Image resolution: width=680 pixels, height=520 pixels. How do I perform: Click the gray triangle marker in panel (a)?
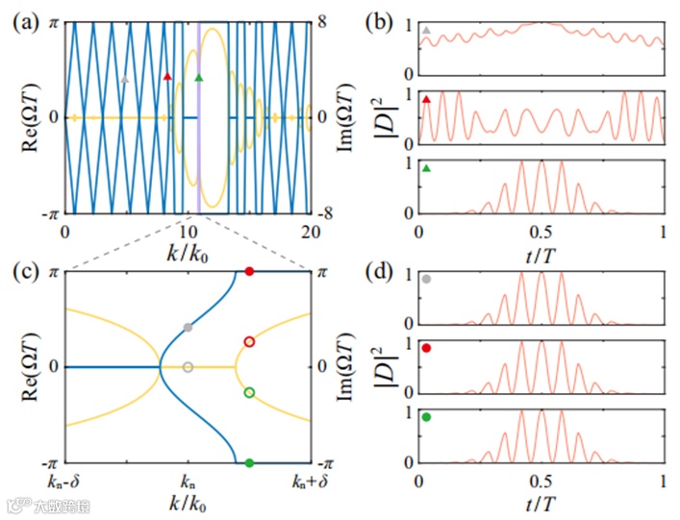click(124, 80)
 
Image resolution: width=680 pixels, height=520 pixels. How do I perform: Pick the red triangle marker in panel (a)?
click(167, 76)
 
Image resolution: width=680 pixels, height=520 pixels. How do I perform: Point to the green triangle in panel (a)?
click(199, 77)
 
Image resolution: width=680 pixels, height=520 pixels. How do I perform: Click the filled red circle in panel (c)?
click(249, 272)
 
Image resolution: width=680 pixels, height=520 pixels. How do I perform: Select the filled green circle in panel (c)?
click(249, 462)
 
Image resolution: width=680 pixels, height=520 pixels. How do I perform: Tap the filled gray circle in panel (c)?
click(188, 328)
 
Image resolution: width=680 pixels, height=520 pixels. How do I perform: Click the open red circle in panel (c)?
click(249, 341)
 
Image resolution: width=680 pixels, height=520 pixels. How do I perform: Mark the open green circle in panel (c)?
click(249, 392)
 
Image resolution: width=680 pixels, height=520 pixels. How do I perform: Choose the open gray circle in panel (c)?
click(188, 367)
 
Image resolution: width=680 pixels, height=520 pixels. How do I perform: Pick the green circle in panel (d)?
click(426, 417)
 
